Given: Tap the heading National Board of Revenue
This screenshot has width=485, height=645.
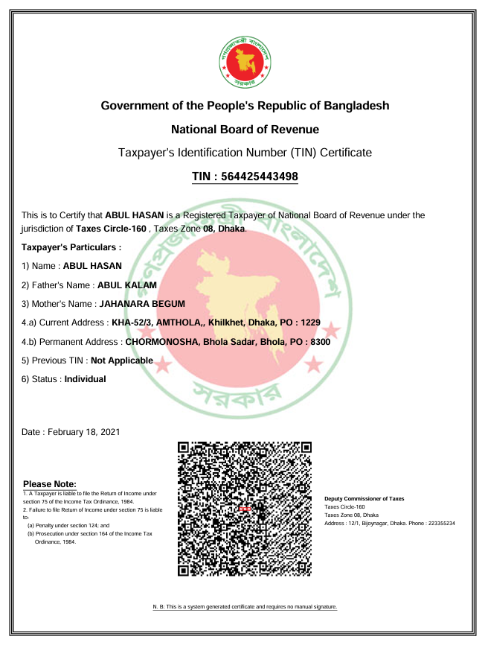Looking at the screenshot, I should pyautogui.click(x=245, y=130).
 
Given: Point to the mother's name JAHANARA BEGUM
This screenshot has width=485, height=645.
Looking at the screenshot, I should pyautogui.click(x=142, y=304).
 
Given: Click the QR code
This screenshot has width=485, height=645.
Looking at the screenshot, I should pyautogui.click(x=245, y=508).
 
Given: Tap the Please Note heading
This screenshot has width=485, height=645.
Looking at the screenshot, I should pyautogui.click(x=50, y=485).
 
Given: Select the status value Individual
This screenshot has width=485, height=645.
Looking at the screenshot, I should pyautogui.click(x=86, y=379).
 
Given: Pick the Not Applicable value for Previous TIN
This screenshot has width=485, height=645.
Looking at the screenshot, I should pyautogui.click(x=122, y=360).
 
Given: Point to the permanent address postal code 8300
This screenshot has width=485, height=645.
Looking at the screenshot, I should pyautogui.click(x=319, y=342).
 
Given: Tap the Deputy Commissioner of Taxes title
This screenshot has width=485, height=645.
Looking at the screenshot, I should pyautogui.click(x=364, y=498).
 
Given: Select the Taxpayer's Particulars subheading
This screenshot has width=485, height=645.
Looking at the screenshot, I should pyautogui.click(x=71, y=247).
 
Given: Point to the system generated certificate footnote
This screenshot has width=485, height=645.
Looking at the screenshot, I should pyautogui.click(x=245, y=608).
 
